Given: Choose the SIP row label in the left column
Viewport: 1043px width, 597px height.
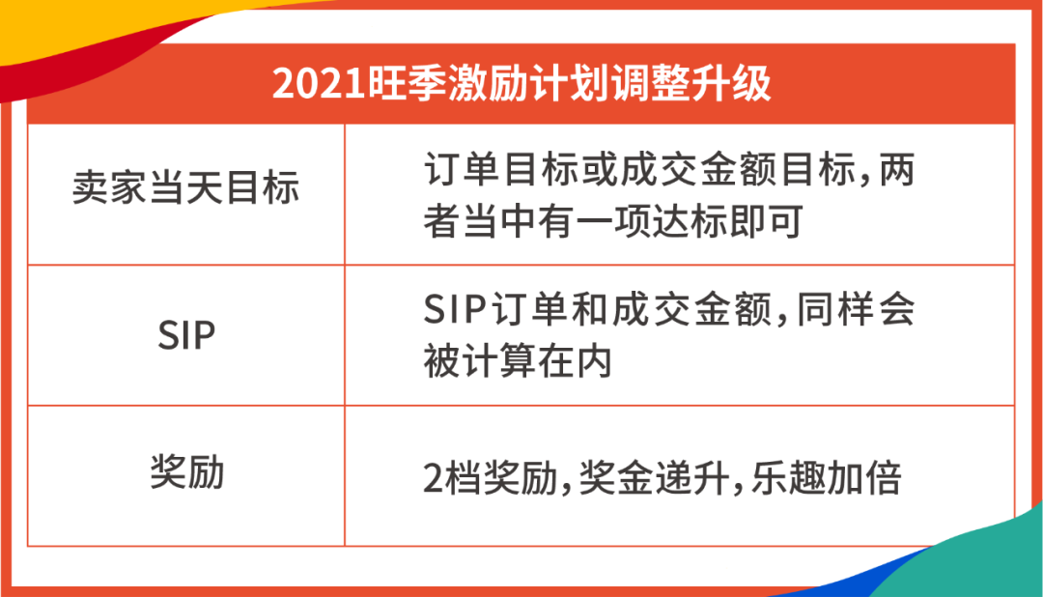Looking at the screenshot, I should (185, 335).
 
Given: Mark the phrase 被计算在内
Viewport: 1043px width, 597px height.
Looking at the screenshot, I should (518, 361).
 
